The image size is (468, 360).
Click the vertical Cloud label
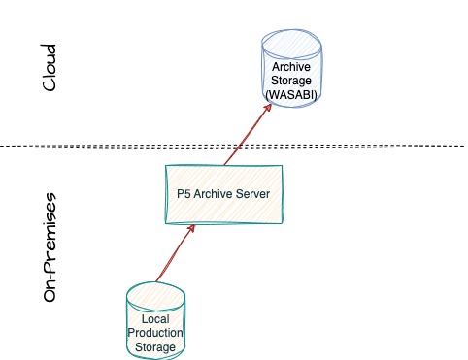[50, 68]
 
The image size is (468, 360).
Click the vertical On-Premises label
[50, 247]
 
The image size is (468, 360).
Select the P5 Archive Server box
[223, 194]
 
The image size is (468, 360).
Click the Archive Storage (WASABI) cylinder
[291, 68]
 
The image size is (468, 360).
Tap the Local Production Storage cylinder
[155, 320]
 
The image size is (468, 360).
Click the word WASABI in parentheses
[291, 95]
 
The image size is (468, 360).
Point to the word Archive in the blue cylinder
[291, 67]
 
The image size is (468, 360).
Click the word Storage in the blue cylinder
[291, 81]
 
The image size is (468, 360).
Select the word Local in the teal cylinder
[155, 319]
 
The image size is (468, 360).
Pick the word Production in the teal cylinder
[155, 333]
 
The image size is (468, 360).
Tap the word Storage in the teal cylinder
[155, 347]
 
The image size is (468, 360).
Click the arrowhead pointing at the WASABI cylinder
[268, 107]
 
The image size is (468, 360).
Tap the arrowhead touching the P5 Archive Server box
[191, 228]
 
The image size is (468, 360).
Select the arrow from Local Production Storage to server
[176, 253]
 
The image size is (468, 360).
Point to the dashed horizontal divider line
[233, 147]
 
